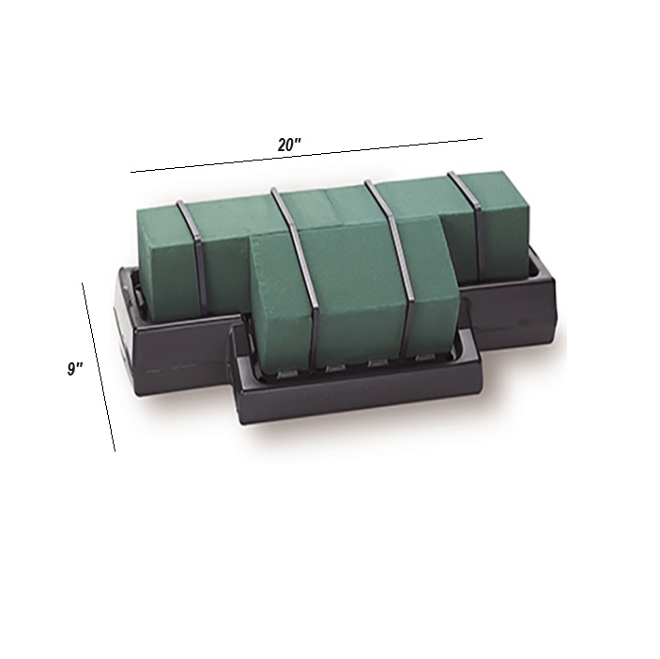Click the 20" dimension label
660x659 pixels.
point(289,145)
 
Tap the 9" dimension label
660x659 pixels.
point(75,369)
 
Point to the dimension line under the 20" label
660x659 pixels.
point(306,155)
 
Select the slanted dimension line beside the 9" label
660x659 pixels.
point(99,366)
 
